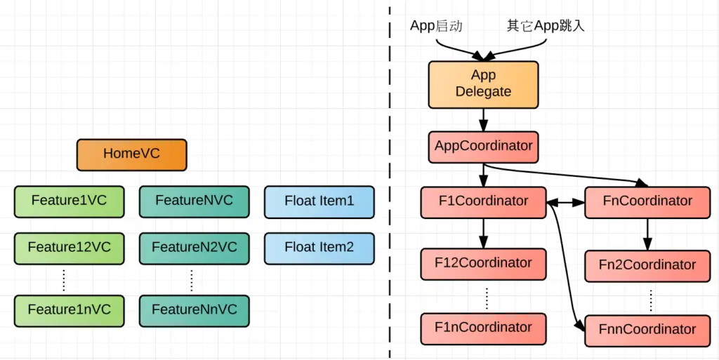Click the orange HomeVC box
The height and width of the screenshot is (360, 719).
[x=132, y=154]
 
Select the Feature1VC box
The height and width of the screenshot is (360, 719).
[x=69, y=201]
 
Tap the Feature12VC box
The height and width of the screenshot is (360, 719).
[x=69, y=248]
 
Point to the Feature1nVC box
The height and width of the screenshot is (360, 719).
[x=69, y=310]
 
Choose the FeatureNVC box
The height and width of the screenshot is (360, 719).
[x=194, y=201]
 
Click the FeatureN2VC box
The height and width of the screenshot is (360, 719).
[x=194, y=248]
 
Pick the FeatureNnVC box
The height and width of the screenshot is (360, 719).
[x=194, y=310]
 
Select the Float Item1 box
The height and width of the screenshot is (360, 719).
[x=319, y=201]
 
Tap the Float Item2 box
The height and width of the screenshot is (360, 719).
[x=319, y=248]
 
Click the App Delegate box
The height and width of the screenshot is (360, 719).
[x=483, y=84]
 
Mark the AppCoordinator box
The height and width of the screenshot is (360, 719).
[x=483, y=147]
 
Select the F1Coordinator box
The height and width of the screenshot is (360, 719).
[x=483, y=202]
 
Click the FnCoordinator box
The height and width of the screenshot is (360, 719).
[x=647, y=202]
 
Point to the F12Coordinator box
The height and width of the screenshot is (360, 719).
[x=483, y=264]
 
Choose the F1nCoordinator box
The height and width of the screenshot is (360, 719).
[x=483, y=328]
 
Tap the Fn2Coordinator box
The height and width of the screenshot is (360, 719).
[x=647, y=265]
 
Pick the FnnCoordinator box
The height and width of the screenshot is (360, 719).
[x=647, y=329]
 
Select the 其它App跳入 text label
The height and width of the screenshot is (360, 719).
[x=546, y=26]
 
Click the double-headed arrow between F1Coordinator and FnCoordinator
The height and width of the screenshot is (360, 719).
[x=565, y=202]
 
